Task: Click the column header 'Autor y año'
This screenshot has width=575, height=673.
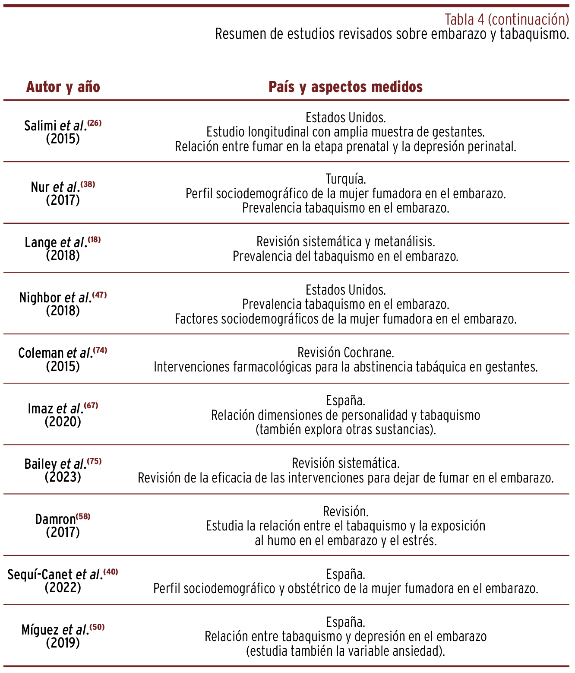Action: pyautogui.click(x=63, y=87)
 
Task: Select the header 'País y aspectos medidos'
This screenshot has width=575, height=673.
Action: pyautogui.click(x=345, y=87)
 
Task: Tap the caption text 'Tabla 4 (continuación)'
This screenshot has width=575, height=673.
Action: pyautogui.click(x=506, y=19)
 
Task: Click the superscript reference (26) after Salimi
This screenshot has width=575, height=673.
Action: pyautogui.click(x=95, y=123)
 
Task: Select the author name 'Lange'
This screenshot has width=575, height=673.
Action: pyautogui.click(x=41, y=242)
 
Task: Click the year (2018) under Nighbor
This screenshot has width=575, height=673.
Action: pyautogui.click(x=63, y=311)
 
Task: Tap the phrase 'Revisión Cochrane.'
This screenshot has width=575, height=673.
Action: pyautogui.click(x=345, y=352)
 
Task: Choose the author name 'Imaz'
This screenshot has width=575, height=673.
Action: pyautogui.click(x=40, y=409)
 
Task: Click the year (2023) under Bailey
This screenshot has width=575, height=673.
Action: pyautogui.click(x=63, y=477)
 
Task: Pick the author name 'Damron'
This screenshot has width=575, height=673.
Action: pyautogui.click(x=55, y=519)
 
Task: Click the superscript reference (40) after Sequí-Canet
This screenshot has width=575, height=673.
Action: pyautogui.click(x=111, y=572)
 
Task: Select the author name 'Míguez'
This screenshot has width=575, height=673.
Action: pyautogui.click(x=40, y=630)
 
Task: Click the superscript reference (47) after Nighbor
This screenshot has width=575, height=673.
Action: pyautogui.click(x=99, y=295)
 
